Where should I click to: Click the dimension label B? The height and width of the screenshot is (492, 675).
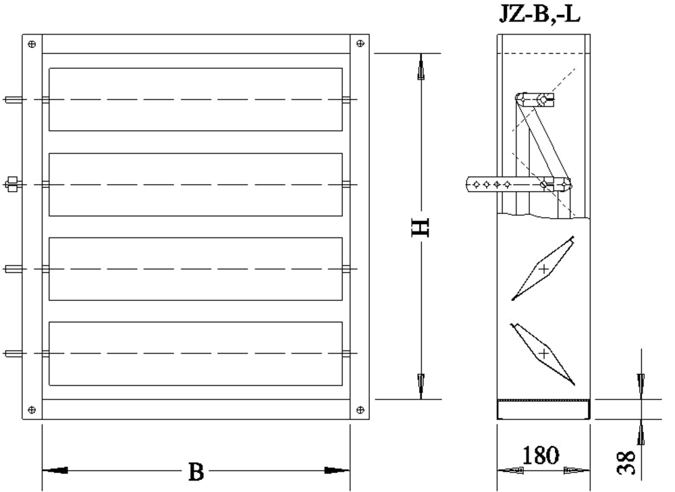click(x=196, y=472)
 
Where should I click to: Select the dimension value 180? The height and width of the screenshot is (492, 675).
click(x=541, y=456)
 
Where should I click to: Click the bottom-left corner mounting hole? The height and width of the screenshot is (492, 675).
click(x=32, y=410)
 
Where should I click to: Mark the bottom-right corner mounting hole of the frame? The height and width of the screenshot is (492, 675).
click(x=360, y=410)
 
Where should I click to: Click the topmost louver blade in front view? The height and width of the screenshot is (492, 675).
click(x=196, y=99)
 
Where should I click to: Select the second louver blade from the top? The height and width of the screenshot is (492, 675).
click(x=196, y=184)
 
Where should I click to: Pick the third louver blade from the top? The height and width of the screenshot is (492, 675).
click(x=196, y=269)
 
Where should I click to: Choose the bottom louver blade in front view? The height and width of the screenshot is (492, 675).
click(x=196, y=353)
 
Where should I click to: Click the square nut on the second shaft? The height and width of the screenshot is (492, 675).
click(x=11, y=184)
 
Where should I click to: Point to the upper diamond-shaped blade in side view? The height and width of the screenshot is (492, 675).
click(x=543, y=269)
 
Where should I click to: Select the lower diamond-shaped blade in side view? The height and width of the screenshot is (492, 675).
click(x=543, y=353)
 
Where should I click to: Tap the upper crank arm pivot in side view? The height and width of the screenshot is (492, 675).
click(x=543, y=100)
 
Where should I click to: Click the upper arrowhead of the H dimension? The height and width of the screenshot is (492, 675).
click(x=421, y=71)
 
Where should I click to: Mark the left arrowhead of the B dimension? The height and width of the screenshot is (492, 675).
click(x=57, y=470)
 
